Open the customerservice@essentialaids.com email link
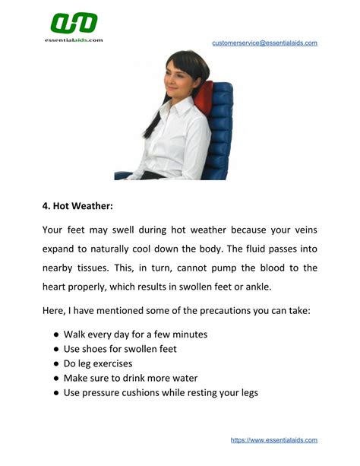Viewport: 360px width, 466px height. click(264, 43)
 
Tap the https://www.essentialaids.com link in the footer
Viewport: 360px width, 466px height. click(273, 440)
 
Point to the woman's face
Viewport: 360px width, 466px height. click(182, 77)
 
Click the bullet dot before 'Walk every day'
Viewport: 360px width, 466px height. click(55, 334)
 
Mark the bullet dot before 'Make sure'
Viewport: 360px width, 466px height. click(55, 379)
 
